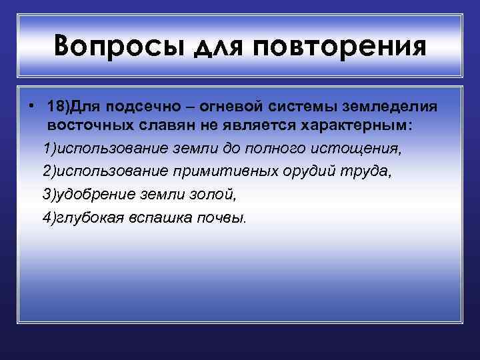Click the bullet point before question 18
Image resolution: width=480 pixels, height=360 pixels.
point(31,107)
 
